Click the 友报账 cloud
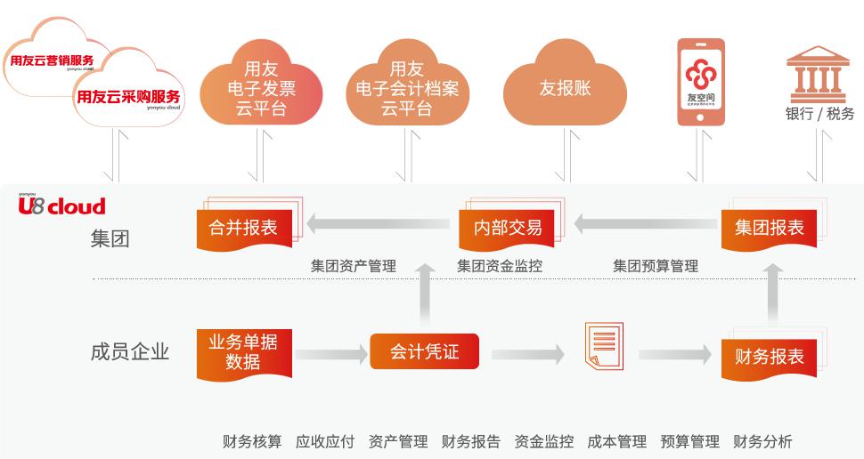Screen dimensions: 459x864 [x=565, y=89]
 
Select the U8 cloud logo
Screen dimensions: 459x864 [x=61, y=206]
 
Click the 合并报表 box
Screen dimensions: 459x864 [x=242, y=227]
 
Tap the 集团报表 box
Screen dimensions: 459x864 [x=769, y=227]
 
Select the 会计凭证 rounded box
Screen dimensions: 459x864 [x=424, y=351]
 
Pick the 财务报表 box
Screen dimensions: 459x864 [x=769, y=356]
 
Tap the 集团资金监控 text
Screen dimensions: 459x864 [x=499, y=265]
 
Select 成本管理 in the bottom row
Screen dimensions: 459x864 [x=616, y=441]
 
